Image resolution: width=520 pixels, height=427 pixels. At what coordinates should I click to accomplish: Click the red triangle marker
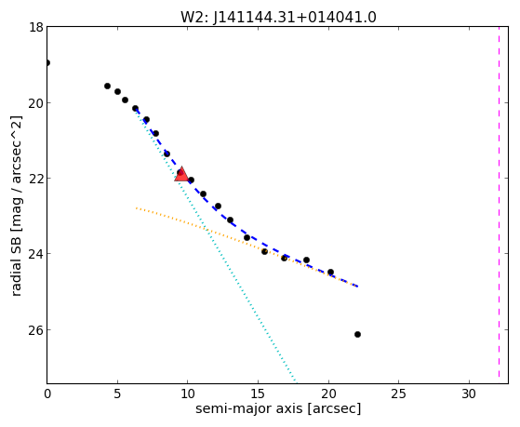[181, 175]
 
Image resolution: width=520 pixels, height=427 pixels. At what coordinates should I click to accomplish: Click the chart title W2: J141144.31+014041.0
[278, 17]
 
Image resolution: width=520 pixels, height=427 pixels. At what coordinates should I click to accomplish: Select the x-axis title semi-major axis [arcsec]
[278, 408]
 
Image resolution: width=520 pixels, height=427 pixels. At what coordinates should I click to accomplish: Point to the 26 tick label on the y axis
[36, 330]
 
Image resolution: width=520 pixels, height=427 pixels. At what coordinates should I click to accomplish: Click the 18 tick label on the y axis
[36, 27]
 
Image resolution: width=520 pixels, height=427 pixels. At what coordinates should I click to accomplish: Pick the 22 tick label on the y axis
[36, 179]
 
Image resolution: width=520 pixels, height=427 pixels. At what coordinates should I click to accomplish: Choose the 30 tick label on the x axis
[469, 394]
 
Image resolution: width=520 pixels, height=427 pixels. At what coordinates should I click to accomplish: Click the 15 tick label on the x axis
[258, 394]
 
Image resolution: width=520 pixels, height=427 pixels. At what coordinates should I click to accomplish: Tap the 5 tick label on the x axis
[117, 394]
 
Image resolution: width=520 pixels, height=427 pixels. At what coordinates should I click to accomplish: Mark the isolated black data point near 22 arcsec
[357, 334]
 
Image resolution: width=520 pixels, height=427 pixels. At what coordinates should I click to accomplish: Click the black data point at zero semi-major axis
[47, 62]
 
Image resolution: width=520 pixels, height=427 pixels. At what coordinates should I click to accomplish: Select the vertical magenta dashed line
[500, 205]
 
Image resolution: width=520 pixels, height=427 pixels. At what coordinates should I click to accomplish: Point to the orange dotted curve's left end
[137, 208]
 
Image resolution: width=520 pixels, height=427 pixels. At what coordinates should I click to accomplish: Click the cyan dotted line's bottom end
[296, 380]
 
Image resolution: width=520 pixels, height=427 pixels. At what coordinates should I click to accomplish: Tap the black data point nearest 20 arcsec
[330, 272]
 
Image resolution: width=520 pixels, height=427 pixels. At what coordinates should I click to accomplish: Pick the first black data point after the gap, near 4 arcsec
[108, 86]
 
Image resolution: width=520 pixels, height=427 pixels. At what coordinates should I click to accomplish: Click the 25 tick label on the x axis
[398, 394]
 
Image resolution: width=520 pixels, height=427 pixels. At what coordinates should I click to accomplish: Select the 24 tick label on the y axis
[36, 253]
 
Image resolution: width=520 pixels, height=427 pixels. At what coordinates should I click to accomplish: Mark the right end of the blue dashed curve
[357, 286]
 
